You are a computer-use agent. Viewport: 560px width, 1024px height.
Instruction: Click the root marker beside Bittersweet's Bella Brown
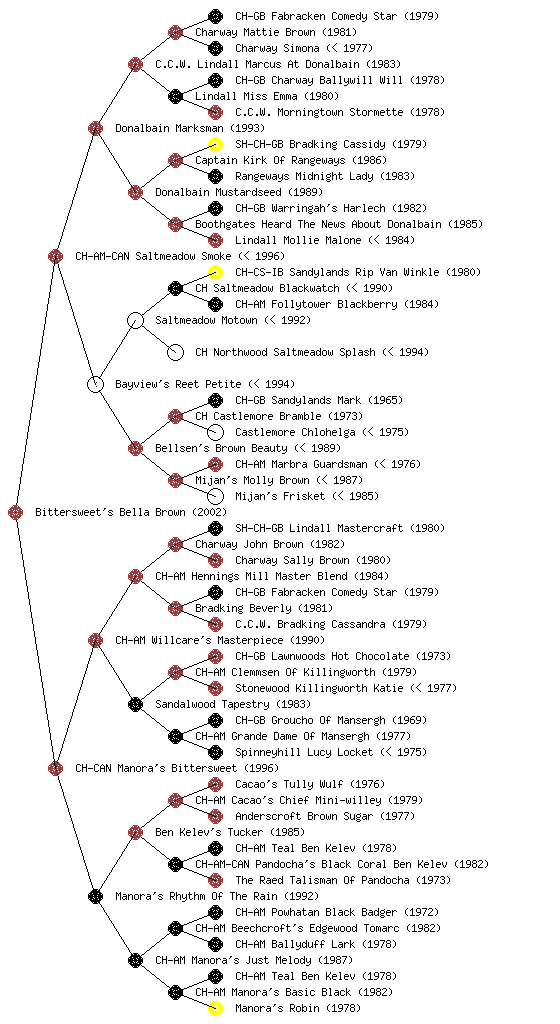pos(16,513)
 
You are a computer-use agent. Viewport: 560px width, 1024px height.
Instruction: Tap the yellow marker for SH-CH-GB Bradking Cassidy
pos(215,144)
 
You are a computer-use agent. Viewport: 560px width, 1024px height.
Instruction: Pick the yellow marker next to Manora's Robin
pos(215,1008)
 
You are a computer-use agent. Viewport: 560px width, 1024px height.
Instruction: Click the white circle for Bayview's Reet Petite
pos(95,384)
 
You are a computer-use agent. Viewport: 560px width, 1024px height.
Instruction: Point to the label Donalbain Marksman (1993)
pos(190,128)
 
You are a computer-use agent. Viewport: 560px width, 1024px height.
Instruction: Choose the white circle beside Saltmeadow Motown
pos(135,320)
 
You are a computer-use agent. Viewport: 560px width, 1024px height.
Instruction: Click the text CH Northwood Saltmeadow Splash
pos(285,352)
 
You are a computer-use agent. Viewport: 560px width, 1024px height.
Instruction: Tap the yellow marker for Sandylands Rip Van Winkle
pos(215,272)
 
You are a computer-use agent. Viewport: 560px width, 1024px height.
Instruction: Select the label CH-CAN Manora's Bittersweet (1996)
pos(177,768)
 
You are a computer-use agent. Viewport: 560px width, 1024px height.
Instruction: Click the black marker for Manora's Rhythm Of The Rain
pos(95,896)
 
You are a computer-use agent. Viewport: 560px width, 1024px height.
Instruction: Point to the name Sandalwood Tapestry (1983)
pos(233,704)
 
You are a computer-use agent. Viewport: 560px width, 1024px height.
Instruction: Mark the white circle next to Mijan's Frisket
pos(215,496)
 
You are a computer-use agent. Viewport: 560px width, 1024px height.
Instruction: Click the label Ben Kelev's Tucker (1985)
pos(230,832)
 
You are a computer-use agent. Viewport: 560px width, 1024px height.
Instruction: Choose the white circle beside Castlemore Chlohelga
pos(215,432)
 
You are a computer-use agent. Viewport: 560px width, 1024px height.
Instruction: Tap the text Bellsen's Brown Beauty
pos(221,448)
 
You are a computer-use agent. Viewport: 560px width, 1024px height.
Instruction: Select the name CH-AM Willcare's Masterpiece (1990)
pos(220,640)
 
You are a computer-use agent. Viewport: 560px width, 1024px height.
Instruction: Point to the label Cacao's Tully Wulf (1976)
pos(310,784)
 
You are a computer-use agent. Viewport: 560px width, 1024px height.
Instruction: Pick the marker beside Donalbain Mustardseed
pos(135,192)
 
